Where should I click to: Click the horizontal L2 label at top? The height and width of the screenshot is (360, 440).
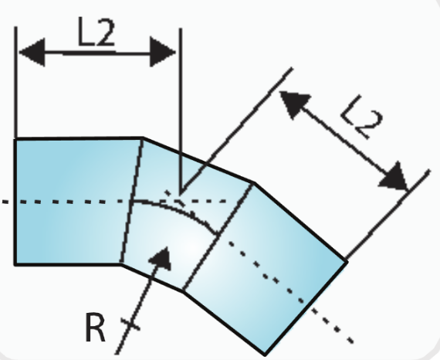[96, 32]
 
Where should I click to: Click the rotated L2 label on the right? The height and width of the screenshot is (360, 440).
[362, 117]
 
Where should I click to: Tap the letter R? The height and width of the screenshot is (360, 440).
[96, 327]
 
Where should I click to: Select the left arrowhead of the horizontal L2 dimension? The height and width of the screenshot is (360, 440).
[32, 53]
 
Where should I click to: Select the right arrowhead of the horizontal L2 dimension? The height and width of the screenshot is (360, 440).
[163, 52]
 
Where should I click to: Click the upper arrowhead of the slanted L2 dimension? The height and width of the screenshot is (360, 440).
[294, 104]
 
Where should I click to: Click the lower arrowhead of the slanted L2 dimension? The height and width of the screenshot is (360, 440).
[394, 177]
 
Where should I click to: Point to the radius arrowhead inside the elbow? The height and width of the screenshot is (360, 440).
[161, 259]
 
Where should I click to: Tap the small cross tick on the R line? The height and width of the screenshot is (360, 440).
[130, 324]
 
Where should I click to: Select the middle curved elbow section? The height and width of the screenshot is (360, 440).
[185, 213]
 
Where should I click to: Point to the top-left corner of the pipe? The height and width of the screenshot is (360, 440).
[15, 139]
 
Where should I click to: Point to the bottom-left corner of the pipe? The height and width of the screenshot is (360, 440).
[15, 264]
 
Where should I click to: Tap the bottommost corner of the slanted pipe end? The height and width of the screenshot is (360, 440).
[265, 355]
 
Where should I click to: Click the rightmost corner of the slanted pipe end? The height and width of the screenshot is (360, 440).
[347, 262]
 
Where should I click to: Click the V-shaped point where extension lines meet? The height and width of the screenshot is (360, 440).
[181, 193]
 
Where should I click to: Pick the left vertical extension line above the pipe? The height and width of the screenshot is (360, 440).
[16, 83]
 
